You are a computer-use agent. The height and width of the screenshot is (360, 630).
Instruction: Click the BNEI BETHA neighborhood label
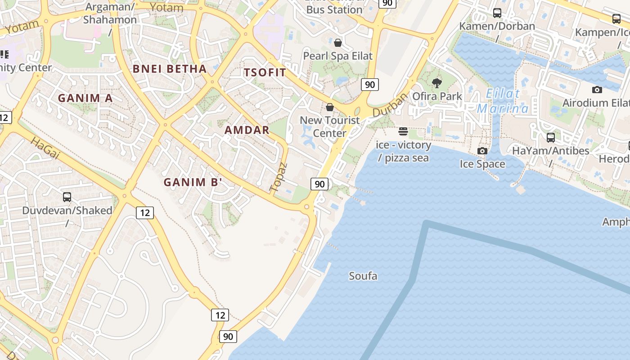click(170, 69)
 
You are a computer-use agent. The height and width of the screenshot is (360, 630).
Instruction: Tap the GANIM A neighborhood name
click(85, 98)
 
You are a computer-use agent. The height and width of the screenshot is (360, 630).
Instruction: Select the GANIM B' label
click(193, 182)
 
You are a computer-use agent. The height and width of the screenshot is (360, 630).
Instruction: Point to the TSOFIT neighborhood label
click(265, 72)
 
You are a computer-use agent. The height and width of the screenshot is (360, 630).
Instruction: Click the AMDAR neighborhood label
click(247, 130)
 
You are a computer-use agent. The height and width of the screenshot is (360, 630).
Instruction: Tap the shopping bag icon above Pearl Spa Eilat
click(338, 43)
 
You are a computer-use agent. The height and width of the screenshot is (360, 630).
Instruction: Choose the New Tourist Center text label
click(330, 126)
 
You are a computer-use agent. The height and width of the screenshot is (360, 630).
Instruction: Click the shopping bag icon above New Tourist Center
click(330, 107)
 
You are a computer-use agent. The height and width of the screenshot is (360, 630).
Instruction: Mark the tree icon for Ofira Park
click(436, 83)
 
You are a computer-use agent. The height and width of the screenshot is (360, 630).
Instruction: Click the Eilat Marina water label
click(503, 101)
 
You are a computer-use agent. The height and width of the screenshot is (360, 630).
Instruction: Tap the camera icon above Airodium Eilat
click(597, 90)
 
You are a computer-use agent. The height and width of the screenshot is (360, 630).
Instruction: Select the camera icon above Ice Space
click(482, 151)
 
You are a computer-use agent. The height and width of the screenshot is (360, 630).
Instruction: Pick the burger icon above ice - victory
click(403, 131)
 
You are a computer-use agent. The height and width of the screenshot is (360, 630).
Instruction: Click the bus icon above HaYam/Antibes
click(551, 138)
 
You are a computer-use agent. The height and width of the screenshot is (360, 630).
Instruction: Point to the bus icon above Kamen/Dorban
click(497, 13)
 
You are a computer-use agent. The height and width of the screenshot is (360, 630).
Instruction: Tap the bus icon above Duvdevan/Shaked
click(67, 197)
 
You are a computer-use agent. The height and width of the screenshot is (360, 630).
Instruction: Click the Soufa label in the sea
click(363, 276)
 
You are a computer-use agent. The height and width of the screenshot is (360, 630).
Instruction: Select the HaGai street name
click(45, 148)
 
